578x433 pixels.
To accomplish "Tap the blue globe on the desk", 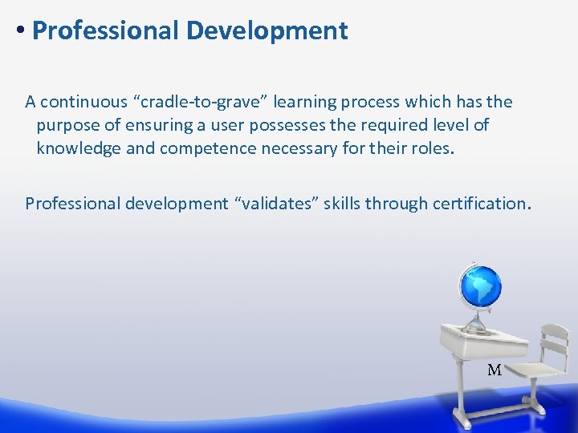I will (x=479, y=287).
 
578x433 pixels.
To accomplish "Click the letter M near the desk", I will (x=495, y=370).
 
